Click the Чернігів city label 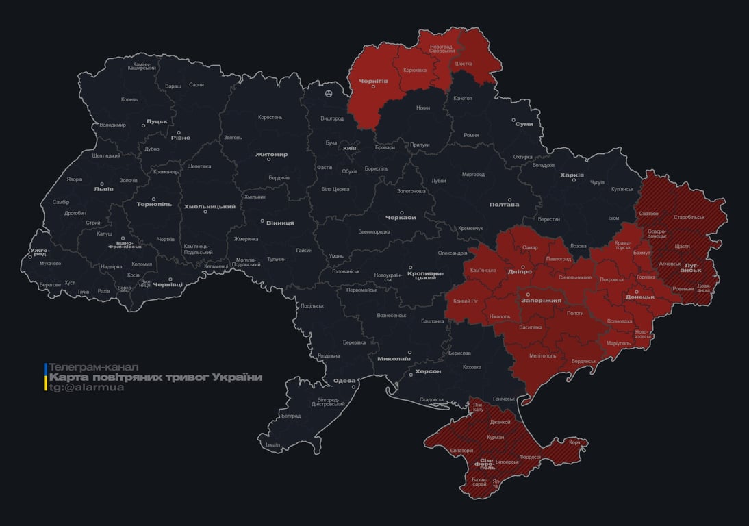(373, 81)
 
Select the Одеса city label (344, 381)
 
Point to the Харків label (572, 175)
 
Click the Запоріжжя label (542, 300)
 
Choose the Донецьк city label (639, 297)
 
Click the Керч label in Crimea (574, 442)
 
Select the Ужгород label (40, 253)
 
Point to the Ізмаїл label (272, 444)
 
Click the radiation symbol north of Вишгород (329, 93)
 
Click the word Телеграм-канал (94, 367)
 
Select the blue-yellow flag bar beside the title (45, 377)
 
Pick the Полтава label (504, 204)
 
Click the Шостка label (464, 64)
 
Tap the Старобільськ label (689, 217)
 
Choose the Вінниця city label (280, 223)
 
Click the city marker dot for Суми (514, 119)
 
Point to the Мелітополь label (543, 355)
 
